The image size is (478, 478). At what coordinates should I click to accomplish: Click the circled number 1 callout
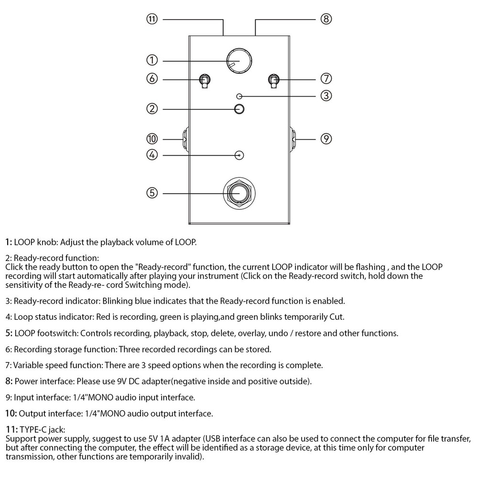(x=152, y=60)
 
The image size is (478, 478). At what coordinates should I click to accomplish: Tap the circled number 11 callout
(x=152, y=19)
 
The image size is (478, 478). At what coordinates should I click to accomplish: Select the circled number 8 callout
(x=326, y=19)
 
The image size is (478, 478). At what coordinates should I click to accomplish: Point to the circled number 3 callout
(x=326, y=95)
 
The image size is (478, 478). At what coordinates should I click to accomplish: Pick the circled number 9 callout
(x=326, y=139)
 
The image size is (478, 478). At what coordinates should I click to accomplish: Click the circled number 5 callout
(x=152, y=193)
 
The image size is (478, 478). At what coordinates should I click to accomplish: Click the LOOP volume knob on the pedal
(x=239, y=61)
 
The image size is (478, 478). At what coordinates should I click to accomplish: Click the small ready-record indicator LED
(x=239, y=96)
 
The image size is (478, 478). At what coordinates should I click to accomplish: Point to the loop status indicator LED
(x=240, y=155)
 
